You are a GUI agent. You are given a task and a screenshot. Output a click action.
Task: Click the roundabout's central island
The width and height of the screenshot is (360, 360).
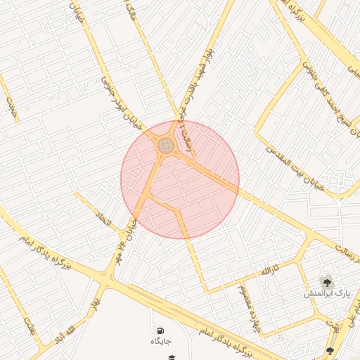(166, 146)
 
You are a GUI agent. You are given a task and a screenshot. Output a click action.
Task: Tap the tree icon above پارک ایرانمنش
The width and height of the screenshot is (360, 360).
(326, 280)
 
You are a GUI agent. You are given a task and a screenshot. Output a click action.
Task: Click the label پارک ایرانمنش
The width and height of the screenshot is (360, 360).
(326, 292)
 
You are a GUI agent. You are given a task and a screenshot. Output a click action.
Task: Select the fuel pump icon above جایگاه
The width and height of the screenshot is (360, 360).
(161, 330)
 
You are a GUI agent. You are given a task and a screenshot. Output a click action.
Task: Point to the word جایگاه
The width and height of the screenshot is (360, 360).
(160, 342)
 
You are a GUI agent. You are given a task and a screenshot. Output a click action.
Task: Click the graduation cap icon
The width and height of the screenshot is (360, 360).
(170, 357)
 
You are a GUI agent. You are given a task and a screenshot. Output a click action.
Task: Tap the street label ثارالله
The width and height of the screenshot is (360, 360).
(270, 271)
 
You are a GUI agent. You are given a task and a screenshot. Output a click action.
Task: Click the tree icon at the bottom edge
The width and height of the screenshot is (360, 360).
(330, 351)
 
